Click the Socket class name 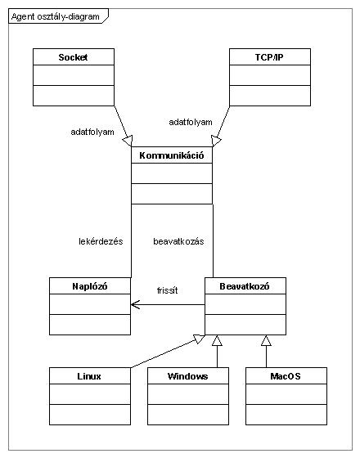tap(73, 57)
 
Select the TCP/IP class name tap(269, 57)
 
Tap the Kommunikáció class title tap(172, 155)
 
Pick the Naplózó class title tap(90, 286)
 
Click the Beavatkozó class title tap(245, 286)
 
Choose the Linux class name tap(89, 376)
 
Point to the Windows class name tap(188, 376)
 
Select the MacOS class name tap(286, 376)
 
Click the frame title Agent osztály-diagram tap(56, 16)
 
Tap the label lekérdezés tap(101, 241)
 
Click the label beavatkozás tap(178, 241)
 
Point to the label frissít tap(167, 290)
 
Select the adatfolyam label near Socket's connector tap(92, 132)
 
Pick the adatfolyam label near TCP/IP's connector tap(191, 122)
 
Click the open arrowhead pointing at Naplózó tap(135, 304)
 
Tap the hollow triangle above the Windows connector tap(217, 340)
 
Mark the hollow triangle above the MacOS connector tap(266, 340)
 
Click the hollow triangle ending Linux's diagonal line tap(200, 339)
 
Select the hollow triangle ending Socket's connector tap(128, 141)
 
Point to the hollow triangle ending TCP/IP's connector tap(216, 141)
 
